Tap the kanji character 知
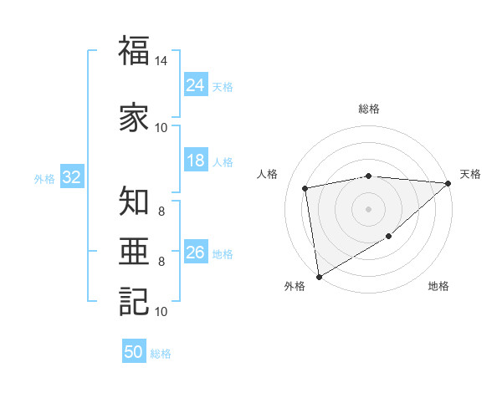[x=134, y=202]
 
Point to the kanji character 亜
[x=134, y=251]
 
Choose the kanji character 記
[x=134, y=302]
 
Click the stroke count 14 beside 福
[x=161, y=62]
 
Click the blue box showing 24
[x=196, y=85]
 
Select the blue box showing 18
[x=196, y=161]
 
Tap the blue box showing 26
[x=196, y=253]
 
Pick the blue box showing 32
[x=71, y=177]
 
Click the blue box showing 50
[x=134, y=352]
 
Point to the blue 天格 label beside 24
[x=223, y=86]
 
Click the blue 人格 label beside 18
[x=223, y=162]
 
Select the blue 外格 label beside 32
[x=44, y=178]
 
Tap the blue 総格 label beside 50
[x=161, y=353]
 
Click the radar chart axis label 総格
[x=369, y=109]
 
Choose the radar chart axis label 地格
[x=438, y=287]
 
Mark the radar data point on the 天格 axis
[x=448, y=184]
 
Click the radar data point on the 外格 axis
[x=319, y=276]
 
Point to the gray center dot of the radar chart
[x=369, y=209]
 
